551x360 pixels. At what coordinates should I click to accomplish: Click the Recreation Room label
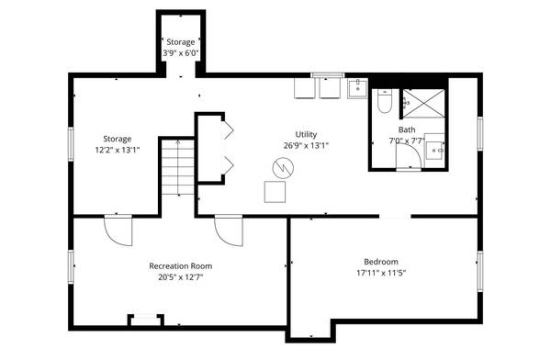pyautogui.click(x=180, y=266)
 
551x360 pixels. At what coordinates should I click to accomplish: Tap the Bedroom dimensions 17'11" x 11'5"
pyautogui.click(x=381, y=273)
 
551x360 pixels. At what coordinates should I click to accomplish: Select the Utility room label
pyautogui.click(x=306, y=134)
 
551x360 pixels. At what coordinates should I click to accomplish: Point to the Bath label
pyautogui.click(x=407, y=129)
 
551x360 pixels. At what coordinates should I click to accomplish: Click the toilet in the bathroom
pyautogui.click(x=385, y=101)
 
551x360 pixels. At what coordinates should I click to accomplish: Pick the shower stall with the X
pyautogui.click(x=423, y=104)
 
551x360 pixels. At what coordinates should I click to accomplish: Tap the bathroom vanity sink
pyautogui.click(x=434, y=151)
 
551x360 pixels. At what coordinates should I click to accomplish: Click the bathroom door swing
pyautogui.click(x=409, y=156)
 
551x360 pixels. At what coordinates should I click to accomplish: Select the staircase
pyautogui.click(x=178, y=167)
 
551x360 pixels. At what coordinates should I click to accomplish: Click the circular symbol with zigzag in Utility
pyautogui.click(x=283, y=168)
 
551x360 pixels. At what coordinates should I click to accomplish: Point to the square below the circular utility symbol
pyautogui.click(x=275, y=192)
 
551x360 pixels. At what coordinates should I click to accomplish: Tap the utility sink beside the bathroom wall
pyautogui.click(x=358, y=88)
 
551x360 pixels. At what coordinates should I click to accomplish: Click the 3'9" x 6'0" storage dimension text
pyautogui.click(x=181, y=53)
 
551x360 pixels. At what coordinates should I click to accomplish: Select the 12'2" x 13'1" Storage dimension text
pyautogui.click(x=118, y=150)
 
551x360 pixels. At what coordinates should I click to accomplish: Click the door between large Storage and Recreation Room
pyautogui.click(x=118, y=231)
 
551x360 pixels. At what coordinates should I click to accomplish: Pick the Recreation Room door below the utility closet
pyautogui.click(x=229, y=231)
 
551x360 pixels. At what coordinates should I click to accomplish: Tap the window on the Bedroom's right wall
pyautogui.click(x=480, y=271)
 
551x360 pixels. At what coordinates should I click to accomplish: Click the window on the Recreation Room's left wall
pyautogui.click(x=71, y=266)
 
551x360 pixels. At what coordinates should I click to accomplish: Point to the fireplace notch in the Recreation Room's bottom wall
pyautogui.click(x=145, y=320)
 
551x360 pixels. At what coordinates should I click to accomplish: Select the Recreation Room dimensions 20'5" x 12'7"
pyautogui.click(x=180, y=277)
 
